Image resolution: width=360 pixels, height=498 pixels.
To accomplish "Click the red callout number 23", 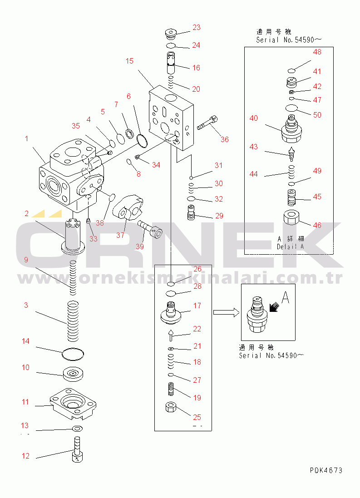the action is (x=197, y=28).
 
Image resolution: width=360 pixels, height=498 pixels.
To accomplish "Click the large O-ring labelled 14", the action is (x=73, y=354).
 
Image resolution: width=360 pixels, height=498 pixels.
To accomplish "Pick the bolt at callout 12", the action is (x=77, y=450).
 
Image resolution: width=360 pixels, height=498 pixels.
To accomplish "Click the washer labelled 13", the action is (x=77, y=429).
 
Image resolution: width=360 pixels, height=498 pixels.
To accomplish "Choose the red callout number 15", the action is (x=129, y=61).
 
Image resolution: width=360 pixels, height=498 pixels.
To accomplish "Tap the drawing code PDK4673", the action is (x=326, y=470).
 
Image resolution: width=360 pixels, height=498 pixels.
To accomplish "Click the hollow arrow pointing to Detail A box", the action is (x=226, y=312).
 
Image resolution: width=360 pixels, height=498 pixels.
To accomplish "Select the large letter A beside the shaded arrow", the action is (x=286, y=297).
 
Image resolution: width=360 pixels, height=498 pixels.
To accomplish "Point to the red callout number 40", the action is (x=254, y=118).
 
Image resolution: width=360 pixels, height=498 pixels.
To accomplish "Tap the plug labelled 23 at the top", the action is (x=171, y=33).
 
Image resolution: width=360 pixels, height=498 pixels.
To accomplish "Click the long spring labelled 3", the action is (x=73, y=321).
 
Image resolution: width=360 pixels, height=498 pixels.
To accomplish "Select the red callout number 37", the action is (x=120, y=235).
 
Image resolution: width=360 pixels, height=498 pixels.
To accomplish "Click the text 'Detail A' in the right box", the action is (x=291, y=247).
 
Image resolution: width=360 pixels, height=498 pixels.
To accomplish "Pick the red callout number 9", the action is (x=26, y=260).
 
